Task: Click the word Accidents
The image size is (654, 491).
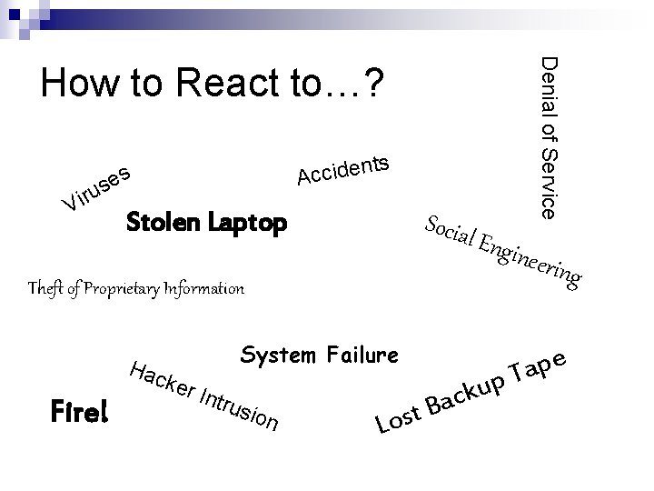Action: coord(344,169)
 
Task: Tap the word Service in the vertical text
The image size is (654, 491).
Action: coord(549,182)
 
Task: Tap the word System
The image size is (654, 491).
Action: coord(278,354)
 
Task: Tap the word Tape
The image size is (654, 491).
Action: coord(543,366)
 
